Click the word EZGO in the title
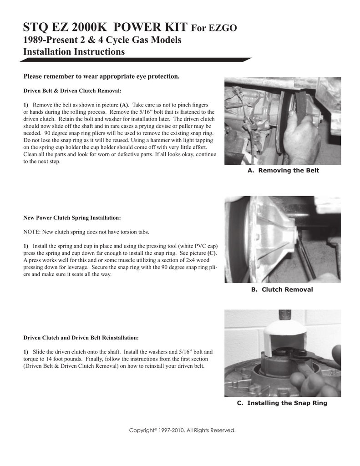coord(222,29)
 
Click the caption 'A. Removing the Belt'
coord(283,170)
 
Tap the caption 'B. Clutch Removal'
coord(282,289)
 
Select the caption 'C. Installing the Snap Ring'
coord(282,403)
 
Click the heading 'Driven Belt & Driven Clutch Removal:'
coord(72,90)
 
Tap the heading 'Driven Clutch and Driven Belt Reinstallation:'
coord(81,338)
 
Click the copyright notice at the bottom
coord(183,430)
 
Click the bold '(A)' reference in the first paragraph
coord(124,105)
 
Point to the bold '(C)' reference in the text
coord(212,253)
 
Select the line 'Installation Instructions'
coord(74,52)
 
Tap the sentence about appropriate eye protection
coord(101,76)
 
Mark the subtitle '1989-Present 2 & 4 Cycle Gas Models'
coord(102,40)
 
